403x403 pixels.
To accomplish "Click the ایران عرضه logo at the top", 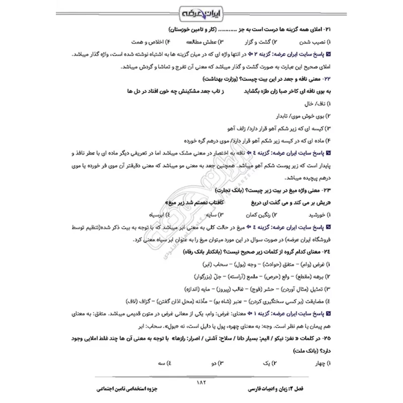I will coord(201,11).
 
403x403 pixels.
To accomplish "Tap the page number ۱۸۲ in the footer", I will coord(201,381).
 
